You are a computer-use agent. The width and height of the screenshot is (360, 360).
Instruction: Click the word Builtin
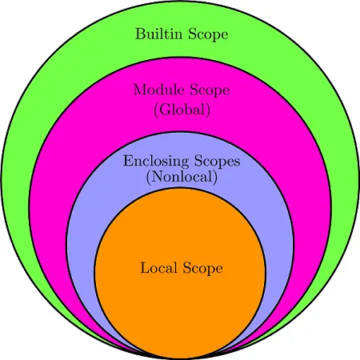coord(158,34)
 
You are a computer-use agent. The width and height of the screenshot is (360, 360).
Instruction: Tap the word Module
coord(159,90)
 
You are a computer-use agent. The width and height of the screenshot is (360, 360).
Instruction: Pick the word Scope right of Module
coord(210,90)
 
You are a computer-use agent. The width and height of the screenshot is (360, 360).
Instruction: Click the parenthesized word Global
coord(182,110)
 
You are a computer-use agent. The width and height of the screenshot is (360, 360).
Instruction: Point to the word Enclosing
coord(156,162)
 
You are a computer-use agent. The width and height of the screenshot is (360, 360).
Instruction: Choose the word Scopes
coord(218,162)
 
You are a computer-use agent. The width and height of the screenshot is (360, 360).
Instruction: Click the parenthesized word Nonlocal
coord(182,177)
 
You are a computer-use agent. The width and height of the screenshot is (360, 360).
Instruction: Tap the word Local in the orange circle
coord(158,267)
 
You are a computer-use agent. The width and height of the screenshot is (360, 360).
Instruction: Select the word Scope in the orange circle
coord(202,268)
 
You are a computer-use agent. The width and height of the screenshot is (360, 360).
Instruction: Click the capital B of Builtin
coord(140,34)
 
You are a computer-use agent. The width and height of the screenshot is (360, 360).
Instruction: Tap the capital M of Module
coord(141,90)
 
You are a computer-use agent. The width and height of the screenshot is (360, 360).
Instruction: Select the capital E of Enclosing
coord(128,161)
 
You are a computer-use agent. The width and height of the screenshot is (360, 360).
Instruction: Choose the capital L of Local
coord(145,267)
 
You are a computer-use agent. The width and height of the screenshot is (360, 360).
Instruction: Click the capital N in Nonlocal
coord(158,177)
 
